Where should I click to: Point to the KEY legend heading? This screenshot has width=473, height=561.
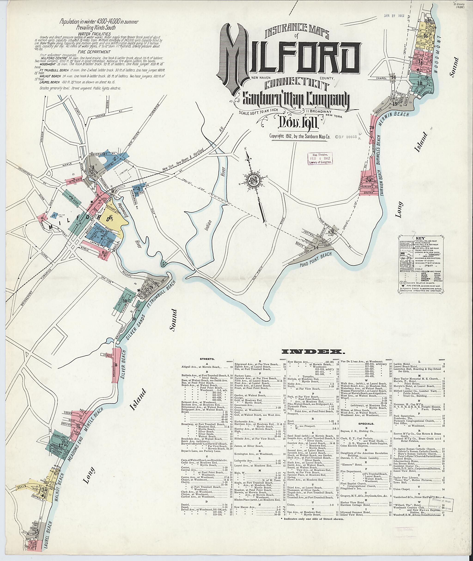coord(420,238)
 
